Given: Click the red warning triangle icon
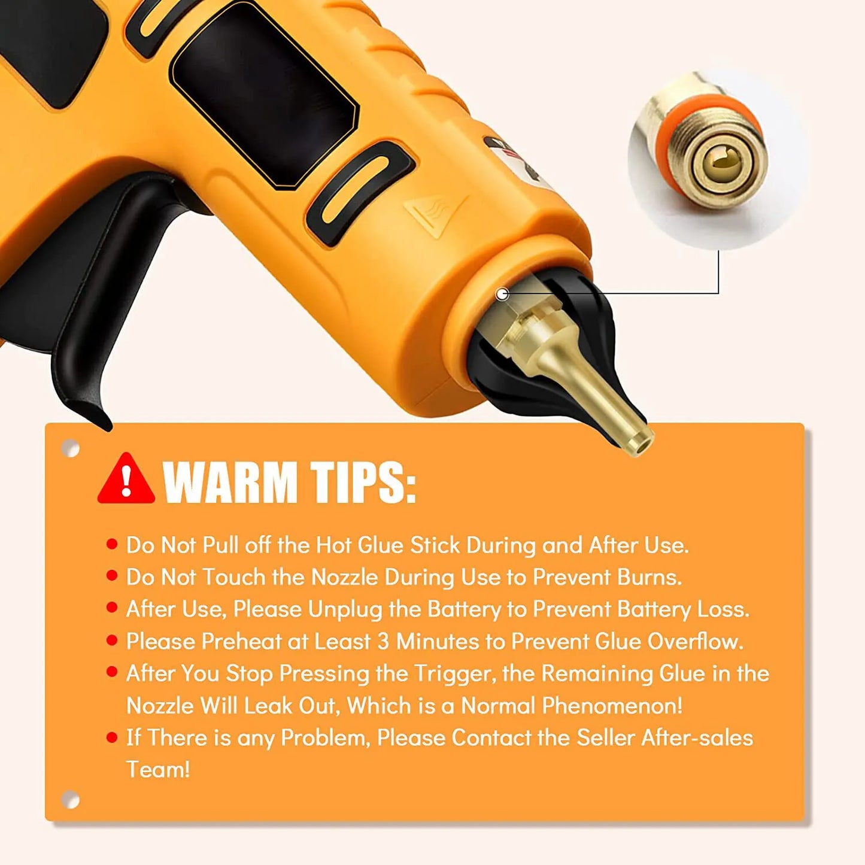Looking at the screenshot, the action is coord(126,479).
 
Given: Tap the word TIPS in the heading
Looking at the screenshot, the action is coord(363,482).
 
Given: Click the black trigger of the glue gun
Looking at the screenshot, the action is coord(90,309).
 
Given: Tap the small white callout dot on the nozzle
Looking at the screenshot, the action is coord(502,295).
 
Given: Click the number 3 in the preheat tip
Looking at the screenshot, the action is coord(383,642).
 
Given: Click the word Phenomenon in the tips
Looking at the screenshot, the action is coord(612,706).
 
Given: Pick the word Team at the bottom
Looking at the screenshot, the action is coord(158,770).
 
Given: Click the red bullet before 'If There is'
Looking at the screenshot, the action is coord(112,737).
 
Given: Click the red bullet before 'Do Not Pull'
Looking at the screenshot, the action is coord(112,545).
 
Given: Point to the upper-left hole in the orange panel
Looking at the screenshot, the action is coord(70,448).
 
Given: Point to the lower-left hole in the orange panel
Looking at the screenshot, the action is coord(70,800).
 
